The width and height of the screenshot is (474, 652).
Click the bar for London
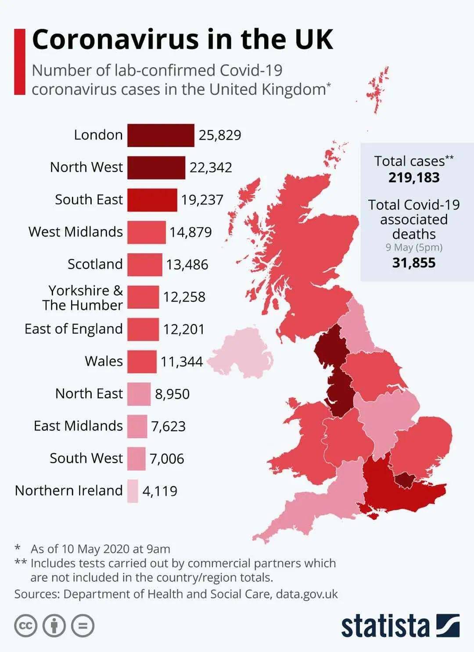161,135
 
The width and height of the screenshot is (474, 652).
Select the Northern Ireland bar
133,491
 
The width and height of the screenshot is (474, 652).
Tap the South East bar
152,200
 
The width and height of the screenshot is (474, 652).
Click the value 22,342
211,168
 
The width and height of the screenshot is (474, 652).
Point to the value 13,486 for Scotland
187,265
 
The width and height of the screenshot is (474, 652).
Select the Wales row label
104,361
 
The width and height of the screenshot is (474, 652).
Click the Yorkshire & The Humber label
83,298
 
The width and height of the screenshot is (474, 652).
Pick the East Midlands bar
137,426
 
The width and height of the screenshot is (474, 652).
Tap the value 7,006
167,459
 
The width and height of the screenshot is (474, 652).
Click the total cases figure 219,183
414,177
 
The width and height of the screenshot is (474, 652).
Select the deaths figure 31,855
414,263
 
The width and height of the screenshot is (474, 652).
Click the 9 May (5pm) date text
414,248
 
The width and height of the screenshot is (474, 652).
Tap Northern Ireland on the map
239,353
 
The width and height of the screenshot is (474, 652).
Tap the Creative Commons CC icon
26,625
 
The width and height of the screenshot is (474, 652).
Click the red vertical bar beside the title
20,61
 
